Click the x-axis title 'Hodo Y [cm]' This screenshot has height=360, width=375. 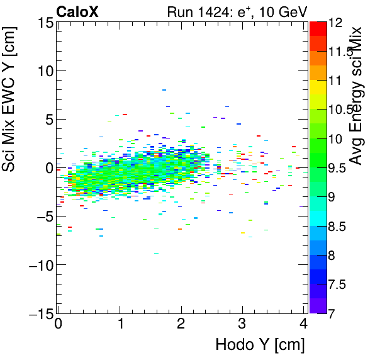coord(260,345)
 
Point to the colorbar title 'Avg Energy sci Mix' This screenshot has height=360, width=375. coord(356,96)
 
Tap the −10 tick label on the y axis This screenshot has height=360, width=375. coord(40,265)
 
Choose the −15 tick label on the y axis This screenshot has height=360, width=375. coord(40,313)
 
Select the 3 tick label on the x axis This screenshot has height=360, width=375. coord(242,325)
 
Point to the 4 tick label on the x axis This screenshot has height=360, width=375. coord(303,325)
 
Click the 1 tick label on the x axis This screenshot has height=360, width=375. coord(120,325)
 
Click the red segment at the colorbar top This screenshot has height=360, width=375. coord(318,26)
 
